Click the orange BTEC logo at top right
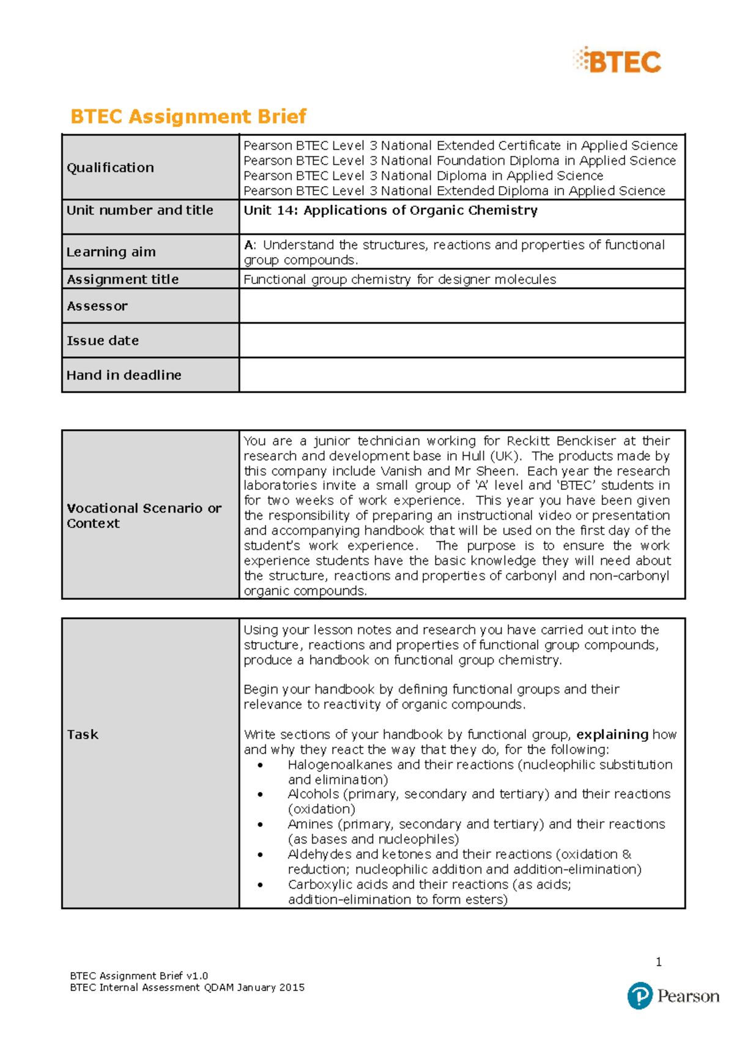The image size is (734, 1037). pos(618,61)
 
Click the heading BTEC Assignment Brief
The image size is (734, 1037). pos(188,116)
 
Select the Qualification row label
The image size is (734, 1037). pos(110,168)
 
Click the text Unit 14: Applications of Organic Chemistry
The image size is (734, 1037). pos(390,211)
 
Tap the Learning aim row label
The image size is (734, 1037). pos(111,252)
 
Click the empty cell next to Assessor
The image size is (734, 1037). pos(461,306)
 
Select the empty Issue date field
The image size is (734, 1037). pos(461,340)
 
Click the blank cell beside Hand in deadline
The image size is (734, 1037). pos(461,375)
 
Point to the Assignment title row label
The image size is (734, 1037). pos(122,280)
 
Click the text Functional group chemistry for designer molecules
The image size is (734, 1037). pos(399,280)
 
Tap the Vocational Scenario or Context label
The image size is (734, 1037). pos(143,515)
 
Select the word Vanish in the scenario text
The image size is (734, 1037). pos(401,471)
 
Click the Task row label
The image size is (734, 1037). pos(83,735)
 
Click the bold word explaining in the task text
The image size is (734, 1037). pos(612,735)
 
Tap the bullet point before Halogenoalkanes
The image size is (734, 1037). pos(261,765)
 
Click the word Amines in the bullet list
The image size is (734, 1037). pos(310,824)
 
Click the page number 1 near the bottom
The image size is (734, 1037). pos(658,962)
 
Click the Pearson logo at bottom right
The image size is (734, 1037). pos(673,996)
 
